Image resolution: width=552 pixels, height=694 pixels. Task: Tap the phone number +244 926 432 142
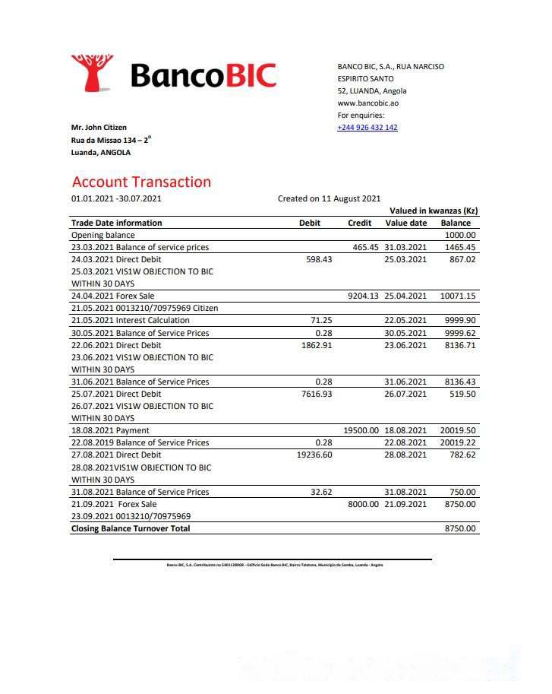click(367, 128)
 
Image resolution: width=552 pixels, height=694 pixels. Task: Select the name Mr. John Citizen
click(99, 128)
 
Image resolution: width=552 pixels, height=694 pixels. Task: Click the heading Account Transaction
click(141, 182)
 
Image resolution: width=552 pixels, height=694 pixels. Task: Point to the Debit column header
click(310, 223)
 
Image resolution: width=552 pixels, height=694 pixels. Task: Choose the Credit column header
click(359, 223)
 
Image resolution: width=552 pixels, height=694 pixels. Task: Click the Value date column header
click(406, 223)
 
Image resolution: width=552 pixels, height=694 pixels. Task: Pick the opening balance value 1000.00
click(459, 236)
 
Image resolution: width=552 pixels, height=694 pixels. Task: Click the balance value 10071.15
click(458, 296)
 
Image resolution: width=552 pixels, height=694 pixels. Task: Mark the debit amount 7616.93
click(317, 394)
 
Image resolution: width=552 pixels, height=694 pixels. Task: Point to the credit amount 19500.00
click(361, 430)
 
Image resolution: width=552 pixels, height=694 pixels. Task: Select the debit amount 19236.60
click(314, 455)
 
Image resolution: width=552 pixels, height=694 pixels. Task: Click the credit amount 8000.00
click(363, 504)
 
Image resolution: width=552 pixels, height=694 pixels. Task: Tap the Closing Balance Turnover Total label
click(131, 528)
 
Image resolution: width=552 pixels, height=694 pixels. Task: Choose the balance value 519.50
click(462, 394)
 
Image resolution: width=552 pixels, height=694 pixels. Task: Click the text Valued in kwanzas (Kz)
click(434, 211)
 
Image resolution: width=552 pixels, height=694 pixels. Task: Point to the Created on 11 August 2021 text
click(329, 198)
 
